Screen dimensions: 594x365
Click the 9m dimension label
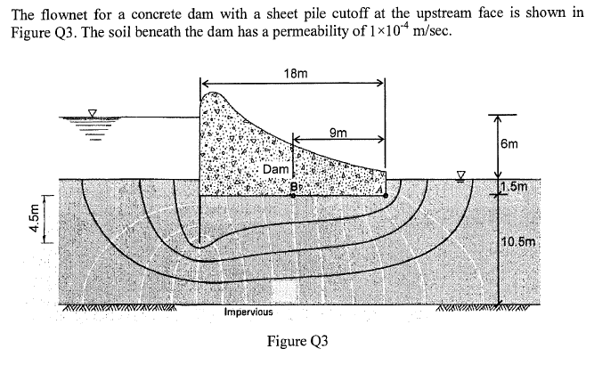tap(338, 133)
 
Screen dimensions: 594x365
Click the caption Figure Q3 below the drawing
tap(298, 342)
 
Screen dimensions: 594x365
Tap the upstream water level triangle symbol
tap(91, 112)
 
